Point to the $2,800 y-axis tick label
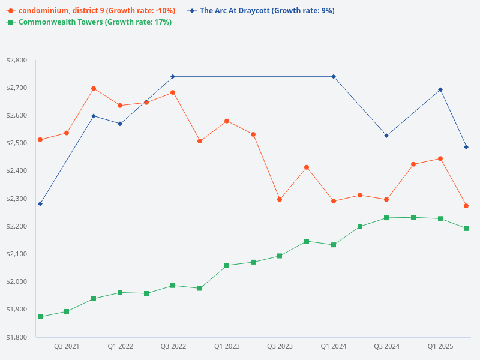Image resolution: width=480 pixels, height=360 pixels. [x=16, y=60]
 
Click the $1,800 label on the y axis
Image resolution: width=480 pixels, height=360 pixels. [x=16, y=337]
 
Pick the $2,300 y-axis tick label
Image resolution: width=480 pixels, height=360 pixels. [x=16, y=199]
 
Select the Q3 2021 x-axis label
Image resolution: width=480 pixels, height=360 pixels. [x=67, y=346]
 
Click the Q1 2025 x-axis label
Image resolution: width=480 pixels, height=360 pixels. [x=440, y=346]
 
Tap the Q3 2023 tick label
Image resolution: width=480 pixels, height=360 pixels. [x=280, y=346]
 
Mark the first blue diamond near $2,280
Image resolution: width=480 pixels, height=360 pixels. [x=40, y=204]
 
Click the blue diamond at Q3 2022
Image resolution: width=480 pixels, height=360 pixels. [x=173, y=76]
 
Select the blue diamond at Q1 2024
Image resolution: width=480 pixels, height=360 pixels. [x=333, y=76]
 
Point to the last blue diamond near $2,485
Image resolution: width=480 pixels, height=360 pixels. [x=466, y=147]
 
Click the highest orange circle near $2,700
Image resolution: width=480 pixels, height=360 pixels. [x=94, y=88]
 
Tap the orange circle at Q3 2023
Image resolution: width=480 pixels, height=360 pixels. [x=280, y=199]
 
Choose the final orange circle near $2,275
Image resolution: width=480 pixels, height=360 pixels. [x=466, y=206]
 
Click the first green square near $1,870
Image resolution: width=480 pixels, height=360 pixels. [x=40, y=317]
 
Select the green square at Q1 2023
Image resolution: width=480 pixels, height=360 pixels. [x=227, y=265]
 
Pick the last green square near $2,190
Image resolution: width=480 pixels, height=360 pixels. [x=466, y=229]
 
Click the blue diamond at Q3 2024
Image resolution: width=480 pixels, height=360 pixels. [x=386, y=136]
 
